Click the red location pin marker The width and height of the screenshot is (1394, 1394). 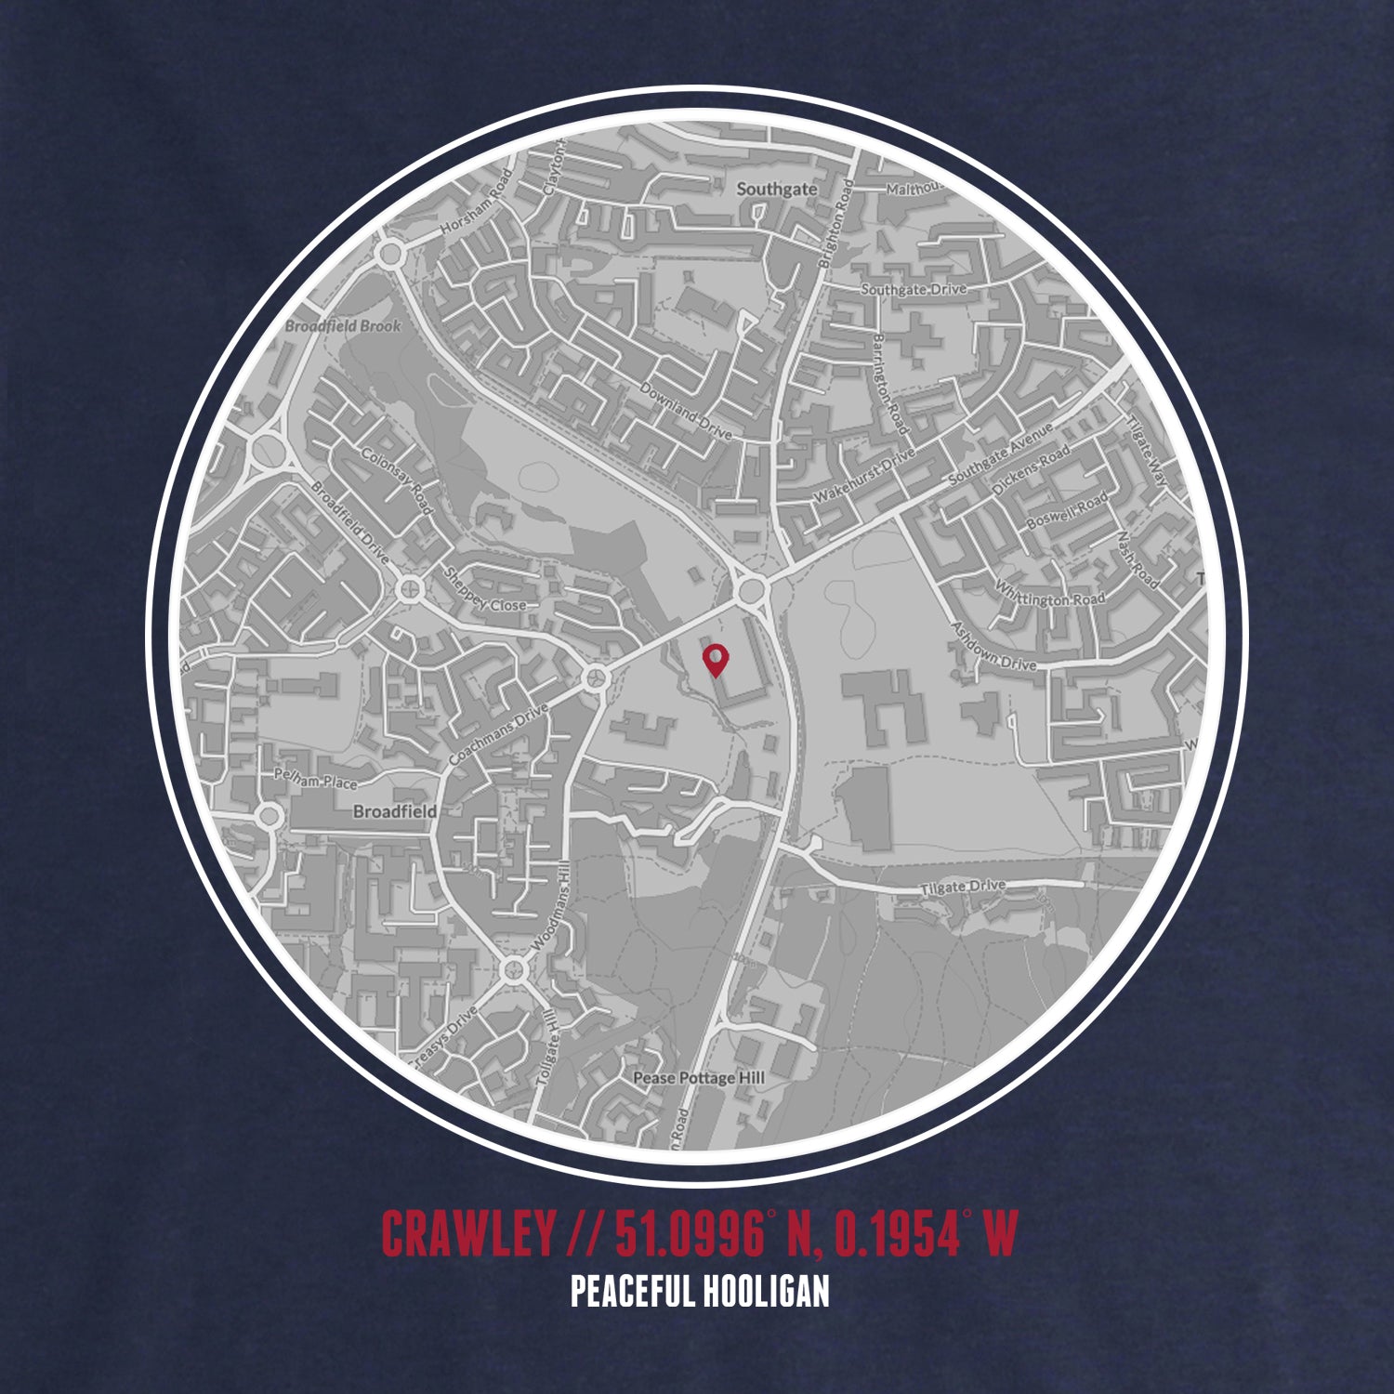715,659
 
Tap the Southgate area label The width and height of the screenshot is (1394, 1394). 776,189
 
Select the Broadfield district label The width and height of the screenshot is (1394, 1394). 394,811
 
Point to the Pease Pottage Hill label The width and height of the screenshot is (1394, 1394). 698,1077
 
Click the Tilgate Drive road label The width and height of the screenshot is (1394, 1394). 963,888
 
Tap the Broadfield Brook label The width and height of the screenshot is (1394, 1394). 343,326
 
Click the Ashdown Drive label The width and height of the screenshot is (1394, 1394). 993,648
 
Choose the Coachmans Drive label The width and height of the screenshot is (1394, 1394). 499,734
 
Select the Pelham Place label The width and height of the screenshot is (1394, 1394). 315,780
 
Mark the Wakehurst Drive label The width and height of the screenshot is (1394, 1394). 863,476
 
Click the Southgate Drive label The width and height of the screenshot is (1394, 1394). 914,289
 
